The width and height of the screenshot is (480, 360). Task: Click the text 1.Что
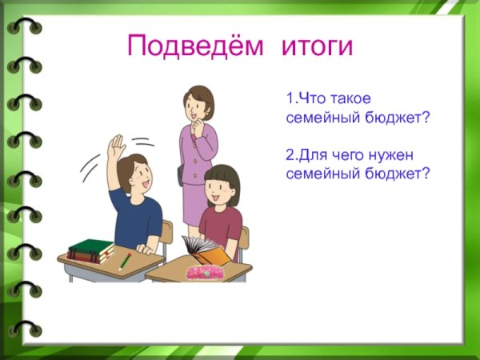(x=304, y=100)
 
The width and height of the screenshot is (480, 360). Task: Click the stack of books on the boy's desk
(x=90, y=250)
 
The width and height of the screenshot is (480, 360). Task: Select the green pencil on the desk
(x=125, y=261)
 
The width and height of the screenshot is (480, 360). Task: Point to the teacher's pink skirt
(x=194, y=204)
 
